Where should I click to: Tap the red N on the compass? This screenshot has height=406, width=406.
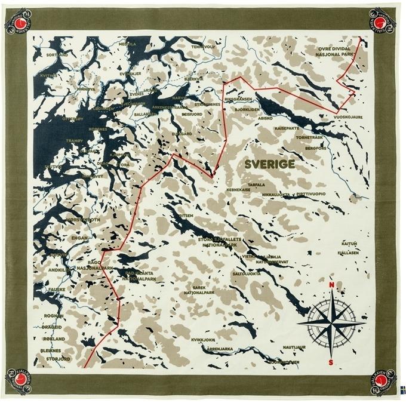click(331, 284)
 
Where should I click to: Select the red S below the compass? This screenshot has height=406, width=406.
click(331, 362)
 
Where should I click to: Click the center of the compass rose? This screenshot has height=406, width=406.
click(331, 322)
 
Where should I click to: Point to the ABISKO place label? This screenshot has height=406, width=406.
click(265, 118)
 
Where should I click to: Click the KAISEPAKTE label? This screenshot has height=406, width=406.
click(287, 128)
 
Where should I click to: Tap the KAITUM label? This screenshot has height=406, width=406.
click(349, 244)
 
